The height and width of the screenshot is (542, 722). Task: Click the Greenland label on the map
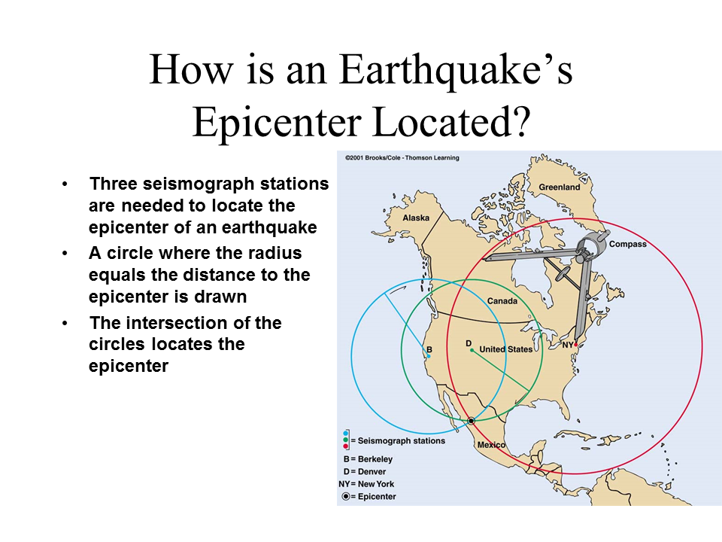[x=559, y=187]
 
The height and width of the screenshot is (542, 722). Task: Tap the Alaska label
[x=416, y=218]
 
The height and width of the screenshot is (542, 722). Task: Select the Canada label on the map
[x=502, y=301]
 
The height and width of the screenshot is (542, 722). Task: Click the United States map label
[x=505, y=349]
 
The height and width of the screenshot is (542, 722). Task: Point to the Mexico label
[x=491, y=445]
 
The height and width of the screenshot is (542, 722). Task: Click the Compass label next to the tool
[x=627, y=244]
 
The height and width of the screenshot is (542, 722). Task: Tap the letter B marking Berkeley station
[x=429, y=350]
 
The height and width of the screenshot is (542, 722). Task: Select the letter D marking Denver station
[x=469, y=343]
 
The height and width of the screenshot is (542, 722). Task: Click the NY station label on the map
[x=567, y=345]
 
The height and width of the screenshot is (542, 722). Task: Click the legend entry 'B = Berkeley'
[x=368, y=459]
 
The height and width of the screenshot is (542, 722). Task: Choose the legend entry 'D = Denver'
[x=365, y=472]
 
